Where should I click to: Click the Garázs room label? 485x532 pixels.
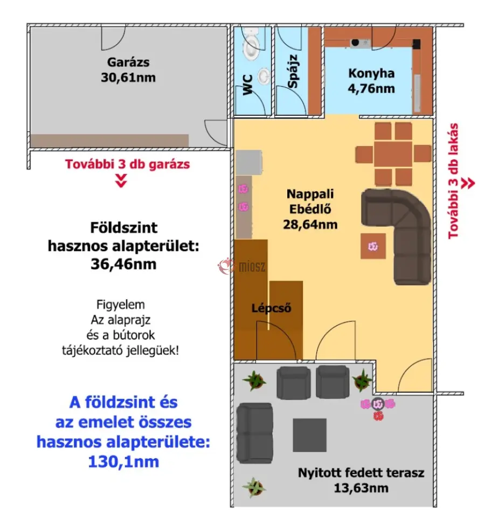[128, 62]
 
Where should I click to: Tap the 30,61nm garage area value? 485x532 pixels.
[128, 78]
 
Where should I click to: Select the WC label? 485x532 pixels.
[247, 85]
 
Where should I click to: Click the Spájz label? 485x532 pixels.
[293, 71]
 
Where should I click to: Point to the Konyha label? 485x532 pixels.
[371, 73]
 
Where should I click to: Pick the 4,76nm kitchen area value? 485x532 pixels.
[371, 88]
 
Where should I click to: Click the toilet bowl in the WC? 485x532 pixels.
[252, 43]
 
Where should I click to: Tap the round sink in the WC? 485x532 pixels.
[264, 76]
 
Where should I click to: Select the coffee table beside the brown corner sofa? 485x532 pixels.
[373, 246]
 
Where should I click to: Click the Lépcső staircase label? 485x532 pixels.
[271, 308]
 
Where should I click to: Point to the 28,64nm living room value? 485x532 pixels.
[310, 224]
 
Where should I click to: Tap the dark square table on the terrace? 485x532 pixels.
[310, 435]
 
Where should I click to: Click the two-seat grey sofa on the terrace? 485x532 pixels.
[255, 433]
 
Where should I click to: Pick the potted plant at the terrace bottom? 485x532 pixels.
[254, 487]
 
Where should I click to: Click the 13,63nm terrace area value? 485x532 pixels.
[361, 488]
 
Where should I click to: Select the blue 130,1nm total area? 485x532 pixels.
[123, 462]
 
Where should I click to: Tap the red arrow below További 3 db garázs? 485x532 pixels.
[121, 180]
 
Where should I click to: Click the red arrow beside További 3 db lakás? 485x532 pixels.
[468, 183]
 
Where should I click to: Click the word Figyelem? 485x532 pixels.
[121, 305]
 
